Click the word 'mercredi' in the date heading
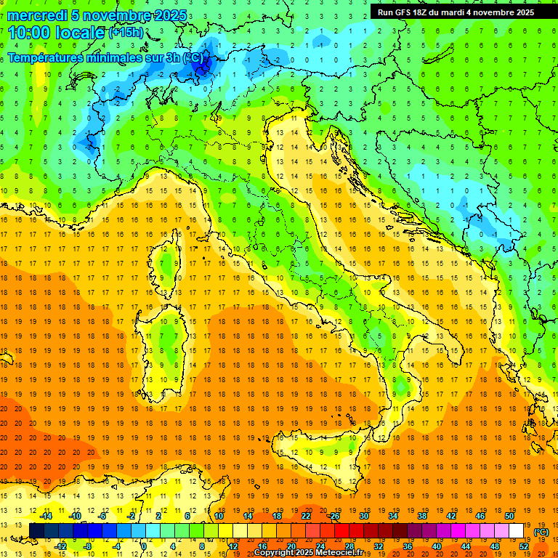pyautogui.click(x=36, y=15)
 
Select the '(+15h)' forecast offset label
pyautogui.click(x=126, y=33)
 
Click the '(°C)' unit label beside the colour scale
pyautogui.click(x=541, y=532)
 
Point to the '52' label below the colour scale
pyautogui.click(x=524, y=546)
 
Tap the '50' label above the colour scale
pyautogui.click(x=509, y=516)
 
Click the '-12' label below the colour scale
pyautogui.click(x=60, y=546)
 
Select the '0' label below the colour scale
pyautogui.click(x=145, y=546)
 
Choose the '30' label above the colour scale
pyautogui.click(x=364, y=516)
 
